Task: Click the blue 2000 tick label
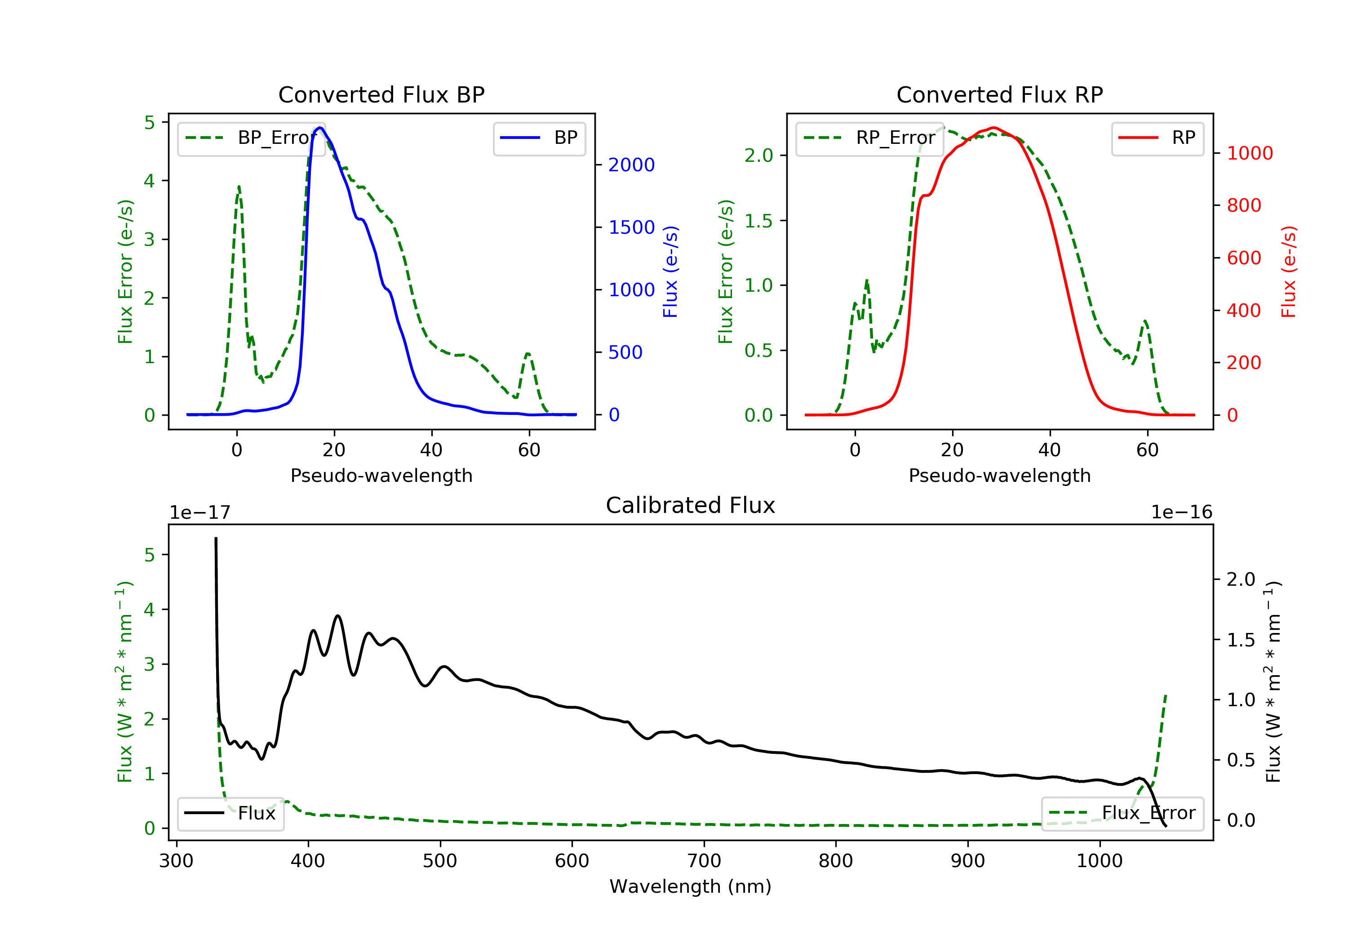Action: click(631, 165)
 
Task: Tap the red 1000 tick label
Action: click(1249, 154)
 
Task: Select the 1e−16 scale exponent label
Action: click(1181, 512)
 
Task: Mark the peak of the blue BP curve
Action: click(320, 128)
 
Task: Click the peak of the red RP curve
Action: click(993, 128)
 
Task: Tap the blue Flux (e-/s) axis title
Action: click(670, 272)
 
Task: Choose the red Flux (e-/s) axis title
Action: click(1288, 272)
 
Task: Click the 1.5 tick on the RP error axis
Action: click(758, 221)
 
